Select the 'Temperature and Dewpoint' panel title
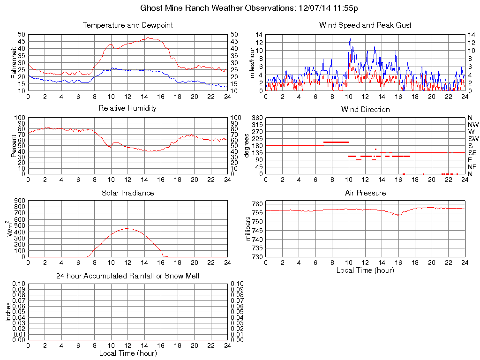[127, 25]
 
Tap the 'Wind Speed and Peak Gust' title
[365, 25]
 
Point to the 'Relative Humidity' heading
[127, 108]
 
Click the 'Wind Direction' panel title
[365, 110]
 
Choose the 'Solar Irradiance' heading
[127, 193]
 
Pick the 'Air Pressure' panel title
[365, 193]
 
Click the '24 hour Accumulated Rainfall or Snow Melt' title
[127, 276]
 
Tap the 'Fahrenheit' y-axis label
[14, 63]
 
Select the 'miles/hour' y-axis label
[252, 63]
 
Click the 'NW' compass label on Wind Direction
[473, 125]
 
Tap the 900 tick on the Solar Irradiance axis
[20, 201]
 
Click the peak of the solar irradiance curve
[127, 228]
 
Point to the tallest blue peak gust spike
[350, 39]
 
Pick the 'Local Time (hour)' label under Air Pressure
[365, 270]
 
